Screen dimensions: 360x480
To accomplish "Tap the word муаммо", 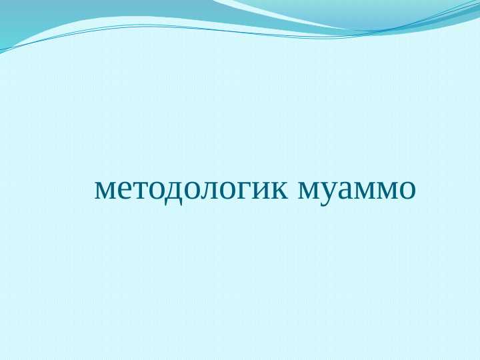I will coord(356,189).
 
